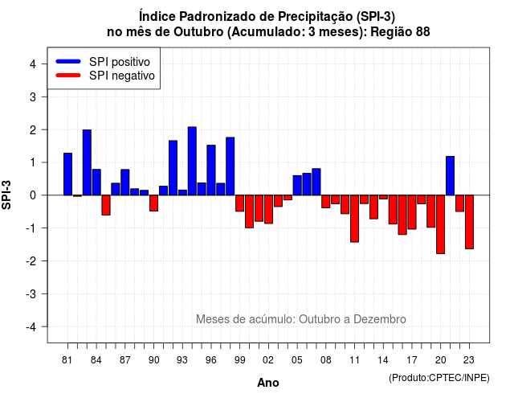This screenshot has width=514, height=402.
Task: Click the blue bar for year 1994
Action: click(192, 161)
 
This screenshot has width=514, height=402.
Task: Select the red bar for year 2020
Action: click(440, 224)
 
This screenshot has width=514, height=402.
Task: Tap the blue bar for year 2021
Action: click(450, 175)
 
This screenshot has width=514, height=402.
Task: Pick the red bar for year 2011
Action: click(354, 219)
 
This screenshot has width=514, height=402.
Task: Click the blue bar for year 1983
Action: click(87, 162)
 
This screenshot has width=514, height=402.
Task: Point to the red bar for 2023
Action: click(469, 222)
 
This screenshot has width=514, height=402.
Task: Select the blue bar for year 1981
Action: click(67, 174)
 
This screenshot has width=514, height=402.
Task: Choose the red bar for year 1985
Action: click(106, 205)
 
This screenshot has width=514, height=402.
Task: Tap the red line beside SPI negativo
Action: click(68, 76)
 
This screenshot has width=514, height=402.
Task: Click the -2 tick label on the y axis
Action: click(31, 260)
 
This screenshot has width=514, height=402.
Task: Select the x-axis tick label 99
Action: click(239, 360)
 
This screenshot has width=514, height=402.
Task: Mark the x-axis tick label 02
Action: click(268, 360)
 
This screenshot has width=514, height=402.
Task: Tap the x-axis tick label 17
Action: click(412, 360)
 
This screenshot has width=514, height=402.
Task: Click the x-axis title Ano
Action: click(268, 383)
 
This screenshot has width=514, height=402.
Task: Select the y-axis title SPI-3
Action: click(6, 195)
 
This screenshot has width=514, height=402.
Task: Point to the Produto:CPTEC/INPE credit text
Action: click(439, 378)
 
